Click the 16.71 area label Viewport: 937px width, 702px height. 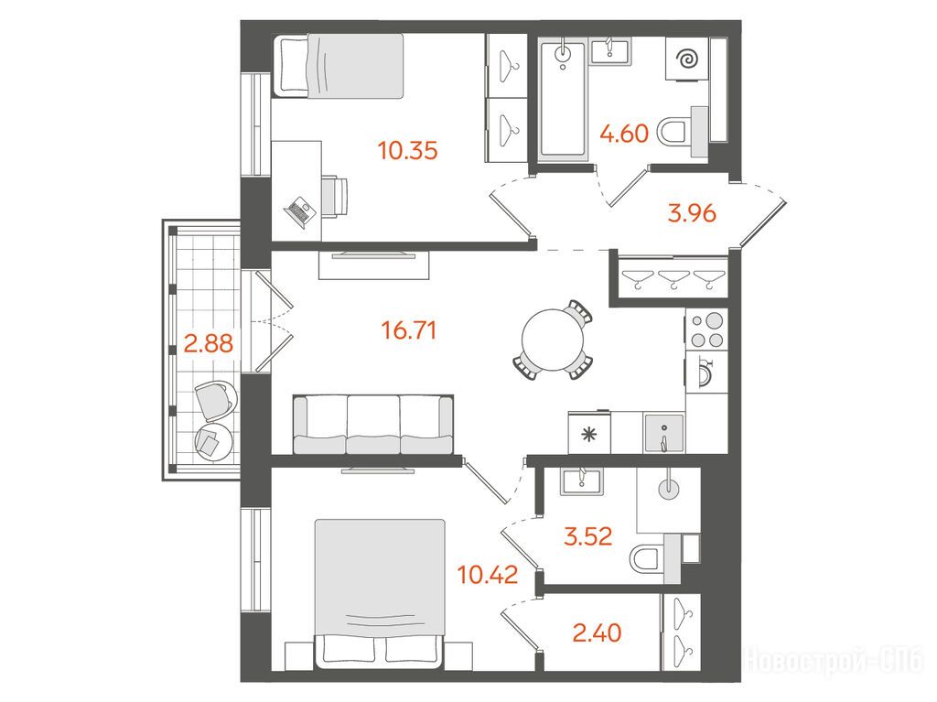[x=409, y=330]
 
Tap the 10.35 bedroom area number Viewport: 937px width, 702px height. [x=408, y=151]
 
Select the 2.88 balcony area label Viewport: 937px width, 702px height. [x=208, y=344]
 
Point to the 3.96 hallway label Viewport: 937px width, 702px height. [x=692, y=213]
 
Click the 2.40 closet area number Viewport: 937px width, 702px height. [x=597, y=632]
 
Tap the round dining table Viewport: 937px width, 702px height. [x=552, y=339]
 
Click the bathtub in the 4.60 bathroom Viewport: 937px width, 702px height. [x=563, y=100]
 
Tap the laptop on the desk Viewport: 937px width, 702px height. [x=299, y=211]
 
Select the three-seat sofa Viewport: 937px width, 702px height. [x=373, y=424]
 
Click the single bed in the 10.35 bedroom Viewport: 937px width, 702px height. [x=339, y=66]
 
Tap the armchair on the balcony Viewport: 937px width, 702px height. [x=214, y=399]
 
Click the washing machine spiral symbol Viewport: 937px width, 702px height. [x=686, y=59]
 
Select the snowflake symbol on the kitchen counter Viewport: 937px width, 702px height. [x=589, y=434]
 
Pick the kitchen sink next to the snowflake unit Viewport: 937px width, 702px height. [x=663, y=433]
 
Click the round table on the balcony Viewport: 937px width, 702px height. [x=213, y=442]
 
